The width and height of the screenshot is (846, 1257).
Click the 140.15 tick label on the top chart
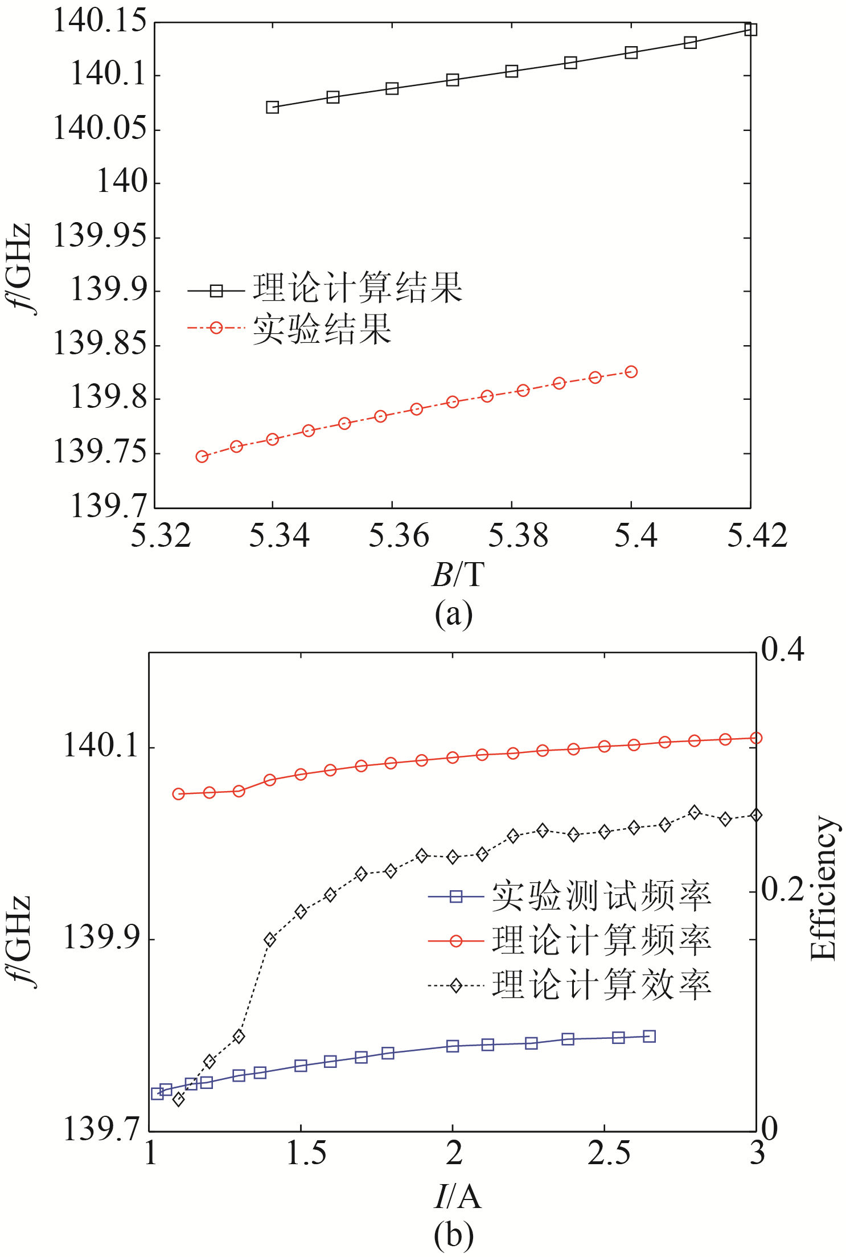[100, 22]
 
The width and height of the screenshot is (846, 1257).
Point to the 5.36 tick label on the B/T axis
[398, 536]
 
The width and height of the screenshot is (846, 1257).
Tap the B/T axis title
[458, 574]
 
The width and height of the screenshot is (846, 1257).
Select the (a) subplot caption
[453, 614]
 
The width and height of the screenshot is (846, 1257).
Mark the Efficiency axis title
[823, 888]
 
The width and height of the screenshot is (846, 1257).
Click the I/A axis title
[458, 1196]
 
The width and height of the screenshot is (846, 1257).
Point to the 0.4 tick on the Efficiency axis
[783, 649]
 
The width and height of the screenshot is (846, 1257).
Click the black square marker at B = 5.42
[750, 29]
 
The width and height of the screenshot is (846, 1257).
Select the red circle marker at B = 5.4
[631, 372]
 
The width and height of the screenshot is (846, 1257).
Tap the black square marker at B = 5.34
[273, 107]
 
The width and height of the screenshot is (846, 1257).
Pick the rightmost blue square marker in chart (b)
[649, 1037]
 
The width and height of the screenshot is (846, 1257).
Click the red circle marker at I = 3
[755, 738]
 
